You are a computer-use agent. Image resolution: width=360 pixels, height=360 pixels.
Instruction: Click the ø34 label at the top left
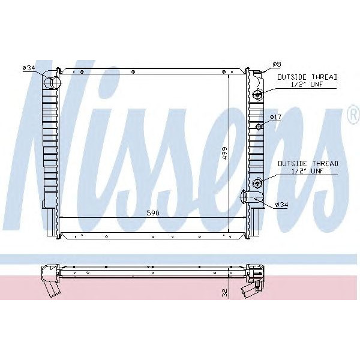coord(29,68)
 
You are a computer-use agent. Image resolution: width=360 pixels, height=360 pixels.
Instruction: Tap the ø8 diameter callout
coord(277,64)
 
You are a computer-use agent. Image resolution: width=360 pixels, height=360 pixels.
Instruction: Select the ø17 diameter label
coord(275,116)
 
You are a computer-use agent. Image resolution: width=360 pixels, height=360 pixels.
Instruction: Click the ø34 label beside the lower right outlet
coord(282,205)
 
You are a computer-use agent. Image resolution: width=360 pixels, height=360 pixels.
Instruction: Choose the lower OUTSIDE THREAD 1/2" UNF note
coord(307,167)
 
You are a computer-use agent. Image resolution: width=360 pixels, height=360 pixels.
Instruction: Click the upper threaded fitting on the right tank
coord(258,94)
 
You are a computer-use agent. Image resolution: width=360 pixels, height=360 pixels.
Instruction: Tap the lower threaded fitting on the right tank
coord(258,183)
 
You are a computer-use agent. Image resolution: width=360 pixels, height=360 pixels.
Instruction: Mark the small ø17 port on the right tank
coord(259,126)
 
